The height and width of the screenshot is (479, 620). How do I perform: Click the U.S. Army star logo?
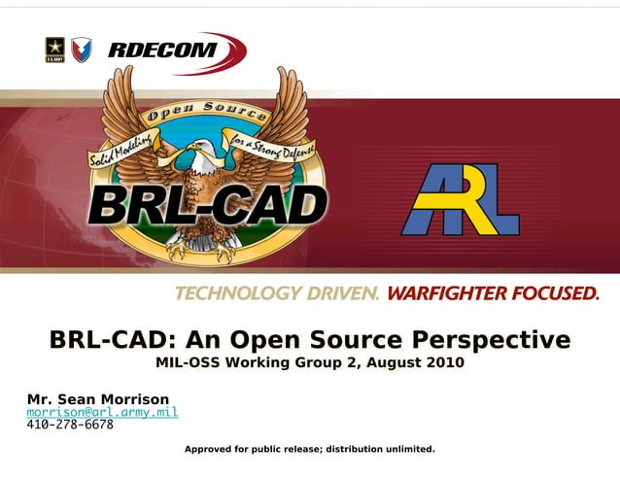point(54,50)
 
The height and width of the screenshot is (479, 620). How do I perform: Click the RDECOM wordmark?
point(162,50)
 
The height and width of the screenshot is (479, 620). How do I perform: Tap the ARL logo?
point(461,200)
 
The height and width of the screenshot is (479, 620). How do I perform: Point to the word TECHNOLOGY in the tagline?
point(239,292)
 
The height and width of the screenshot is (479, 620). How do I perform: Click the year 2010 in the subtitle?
point(442,363)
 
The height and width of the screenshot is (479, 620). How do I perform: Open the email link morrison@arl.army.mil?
point(102,412)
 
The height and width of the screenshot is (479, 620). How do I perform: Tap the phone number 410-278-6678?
point(70,425)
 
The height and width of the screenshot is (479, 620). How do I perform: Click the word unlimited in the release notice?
point(409,449)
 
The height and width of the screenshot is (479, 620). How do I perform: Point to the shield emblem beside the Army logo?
point(82,50)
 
